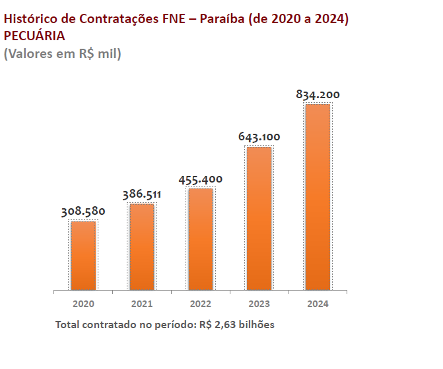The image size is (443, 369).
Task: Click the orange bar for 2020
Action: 84,256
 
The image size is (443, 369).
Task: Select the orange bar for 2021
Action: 142,247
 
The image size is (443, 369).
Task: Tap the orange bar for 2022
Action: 200,239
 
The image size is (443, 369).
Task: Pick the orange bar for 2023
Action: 259,218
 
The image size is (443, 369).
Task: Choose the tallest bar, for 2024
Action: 318,197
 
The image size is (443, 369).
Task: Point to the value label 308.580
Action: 83,212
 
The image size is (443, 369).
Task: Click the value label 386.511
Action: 142,194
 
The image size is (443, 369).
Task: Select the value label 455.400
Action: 200,179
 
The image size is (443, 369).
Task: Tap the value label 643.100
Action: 259,137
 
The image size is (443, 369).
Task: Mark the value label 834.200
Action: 318,95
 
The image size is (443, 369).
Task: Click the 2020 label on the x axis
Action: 84,304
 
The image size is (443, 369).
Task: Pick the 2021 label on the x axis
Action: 142,304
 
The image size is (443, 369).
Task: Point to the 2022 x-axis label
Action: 200,304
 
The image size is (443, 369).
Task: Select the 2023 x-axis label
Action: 259,304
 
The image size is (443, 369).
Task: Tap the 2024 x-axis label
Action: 318,304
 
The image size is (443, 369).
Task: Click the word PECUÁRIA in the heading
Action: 34,36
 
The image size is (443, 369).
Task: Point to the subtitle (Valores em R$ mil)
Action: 63,53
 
